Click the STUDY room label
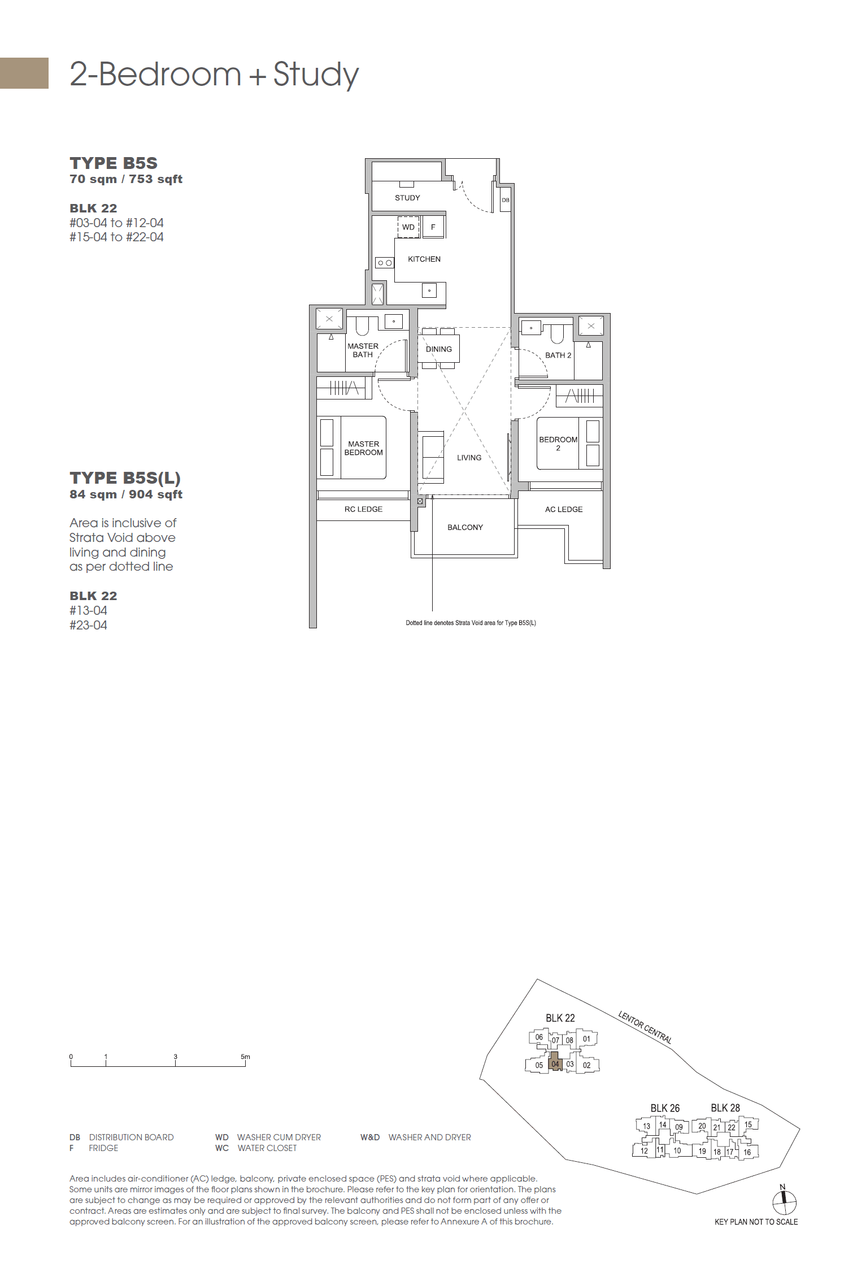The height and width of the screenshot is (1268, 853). [407, 198]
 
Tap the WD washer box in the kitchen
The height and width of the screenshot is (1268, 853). [408, 227]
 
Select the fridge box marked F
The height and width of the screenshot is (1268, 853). [433, 227]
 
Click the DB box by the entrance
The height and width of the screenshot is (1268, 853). [506, 200]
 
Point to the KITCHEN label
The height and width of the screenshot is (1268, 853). [424, 259]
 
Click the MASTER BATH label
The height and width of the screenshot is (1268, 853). [363, 350]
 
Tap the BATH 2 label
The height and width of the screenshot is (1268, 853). [558, 355]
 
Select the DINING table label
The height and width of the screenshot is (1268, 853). [439, 349]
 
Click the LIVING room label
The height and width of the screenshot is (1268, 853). [469, 458]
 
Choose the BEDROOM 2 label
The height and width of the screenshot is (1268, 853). [558, 444]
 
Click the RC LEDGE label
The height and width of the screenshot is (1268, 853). [363, 509]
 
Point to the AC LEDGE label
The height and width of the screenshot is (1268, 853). [564, 509]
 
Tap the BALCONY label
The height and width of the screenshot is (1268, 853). [465, 527]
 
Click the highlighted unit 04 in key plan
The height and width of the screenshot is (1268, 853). [555, 1064]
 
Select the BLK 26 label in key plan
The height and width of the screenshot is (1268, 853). [665, 1108]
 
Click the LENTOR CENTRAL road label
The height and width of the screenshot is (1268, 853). [645, 1027]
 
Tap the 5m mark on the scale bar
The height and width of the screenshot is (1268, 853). [245, 1057]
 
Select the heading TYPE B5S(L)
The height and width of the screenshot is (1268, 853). [125, 478]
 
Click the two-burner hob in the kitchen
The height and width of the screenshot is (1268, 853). [385, 263]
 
